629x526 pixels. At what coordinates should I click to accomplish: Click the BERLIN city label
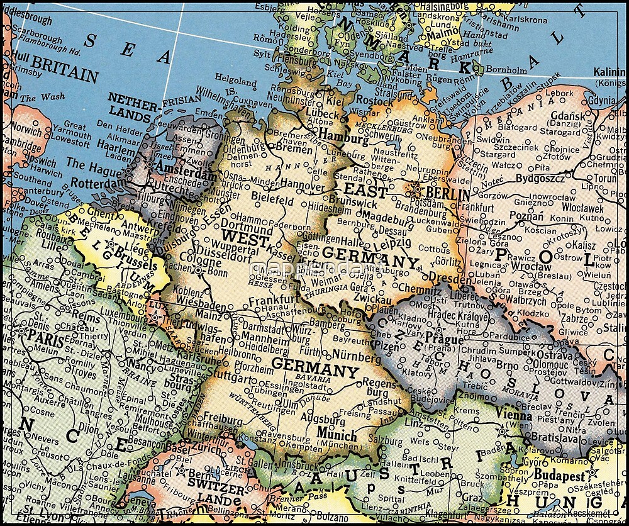(447, 194)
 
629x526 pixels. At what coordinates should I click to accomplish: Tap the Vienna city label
(514, 413)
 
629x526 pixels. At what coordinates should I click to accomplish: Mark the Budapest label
(559, 476)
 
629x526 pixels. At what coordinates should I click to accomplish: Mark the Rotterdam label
(96, 183)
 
